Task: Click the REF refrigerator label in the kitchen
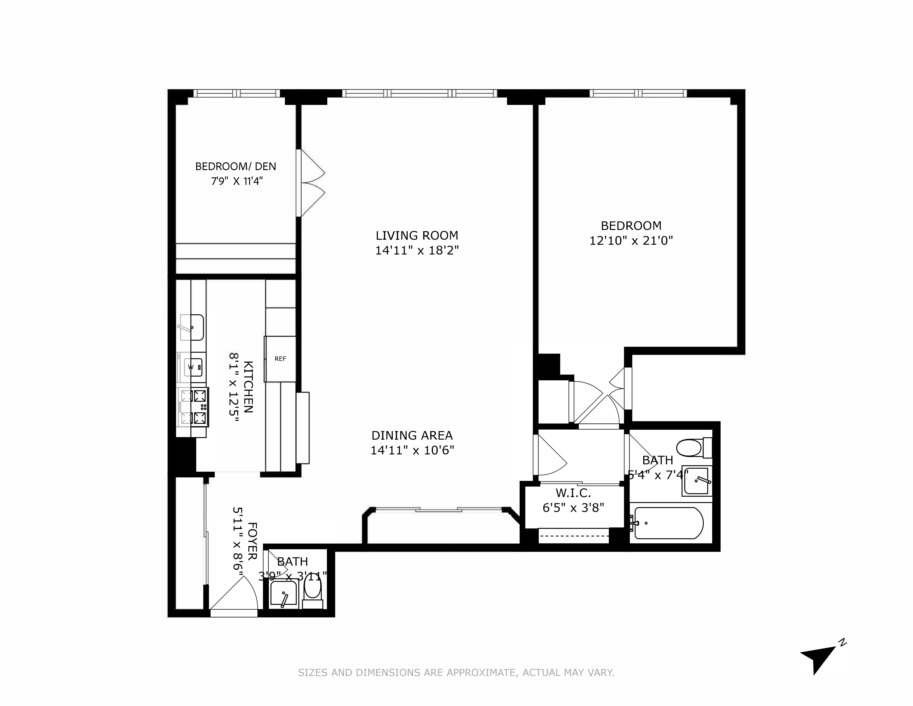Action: pos(280,359)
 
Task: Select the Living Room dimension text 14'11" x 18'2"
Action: pos(417,251)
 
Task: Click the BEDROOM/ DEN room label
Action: pos(236,166)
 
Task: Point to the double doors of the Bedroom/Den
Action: pos(311,183)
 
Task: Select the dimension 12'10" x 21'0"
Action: pos(631,241)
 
